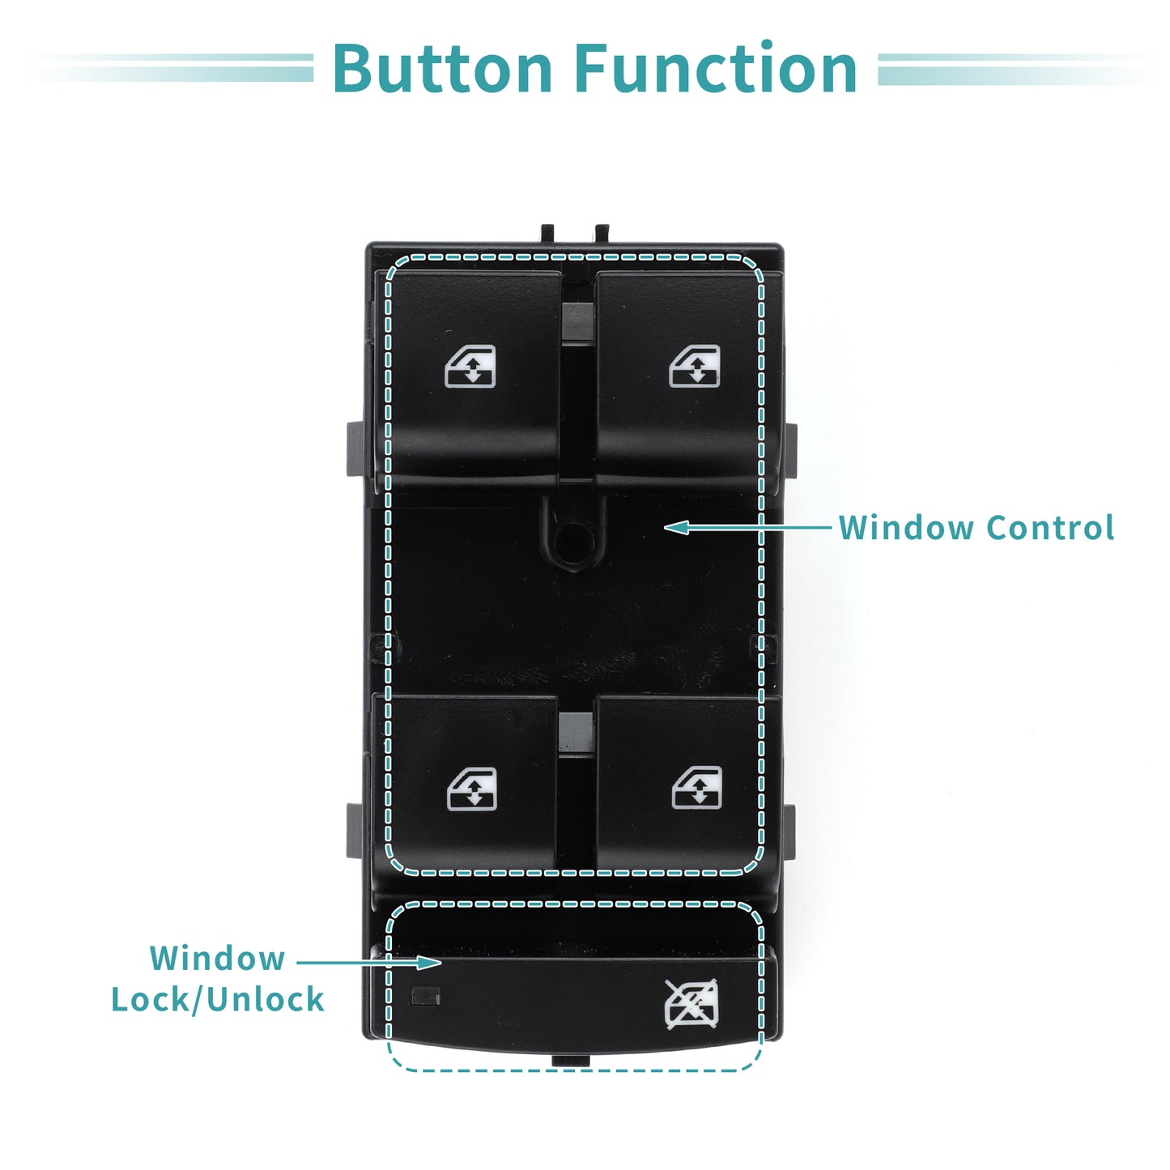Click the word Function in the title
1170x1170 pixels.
pyautogui.click(x=716, y=68)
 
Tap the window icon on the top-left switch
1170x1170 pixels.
pyautogui.click(x=470, y=366)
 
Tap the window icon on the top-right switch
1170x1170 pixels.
pyautogui.click(x=695, y=366)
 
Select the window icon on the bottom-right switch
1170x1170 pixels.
pyautogui.click(x=697, y=788)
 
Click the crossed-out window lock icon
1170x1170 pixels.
pyautogui.click(x=691, y=1004)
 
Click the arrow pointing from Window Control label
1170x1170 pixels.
pyautogui.click(x=747, y=527)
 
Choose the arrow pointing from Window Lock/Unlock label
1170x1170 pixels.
pyautogui.click(x=369, y=963)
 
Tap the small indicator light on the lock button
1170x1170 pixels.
pyautogui.click(x=426, y=997)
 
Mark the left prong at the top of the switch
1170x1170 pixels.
pyautogui.click(x=547, y=233)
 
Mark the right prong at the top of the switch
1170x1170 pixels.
pyautogui.click(x=602, y=233)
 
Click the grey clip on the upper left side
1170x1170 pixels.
pyautogui.click(x=355, y=449)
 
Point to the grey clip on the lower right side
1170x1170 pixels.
pyautogui.click(x=789, y=832)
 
